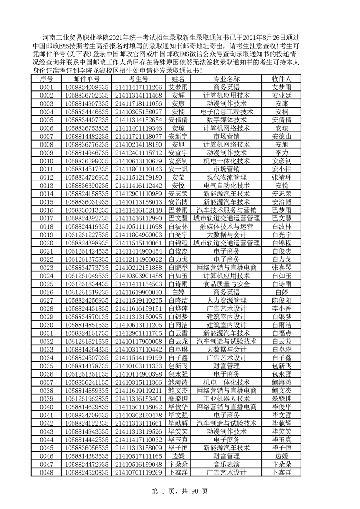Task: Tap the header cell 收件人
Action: click(281, 78)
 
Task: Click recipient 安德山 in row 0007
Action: click(281, 136)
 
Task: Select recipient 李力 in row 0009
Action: click(281, 152)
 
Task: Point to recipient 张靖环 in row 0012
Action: click(281, 177)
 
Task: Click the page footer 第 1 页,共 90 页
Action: click(180, 491)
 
